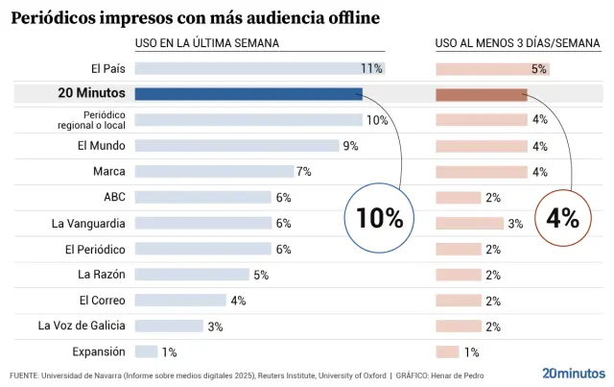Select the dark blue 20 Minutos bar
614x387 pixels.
pos(248,94)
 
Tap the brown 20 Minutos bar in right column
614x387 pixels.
pos(481,94)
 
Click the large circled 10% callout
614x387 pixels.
pos(379,218)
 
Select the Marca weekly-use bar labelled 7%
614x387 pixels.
pos(214,171)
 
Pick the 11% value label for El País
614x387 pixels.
pos(371,68)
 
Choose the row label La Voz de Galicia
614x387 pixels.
pos(82,326)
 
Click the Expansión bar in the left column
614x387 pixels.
pos(146,351)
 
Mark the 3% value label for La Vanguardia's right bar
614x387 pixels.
pos(515,223)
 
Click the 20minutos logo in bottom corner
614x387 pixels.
pos(573,373)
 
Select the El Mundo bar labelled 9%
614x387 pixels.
pos(237,146)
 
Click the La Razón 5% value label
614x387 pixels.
pos(260,275)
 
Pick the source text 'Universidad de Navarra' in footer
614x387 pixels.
pos(81,375)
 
